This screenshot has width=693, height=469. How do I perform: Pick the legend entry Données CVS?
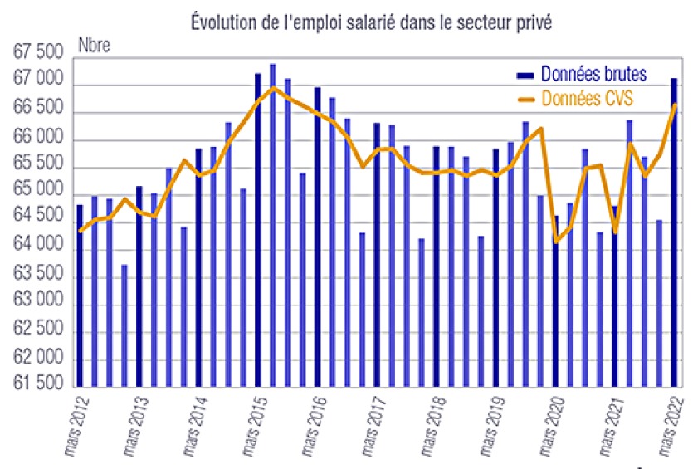[586, 98]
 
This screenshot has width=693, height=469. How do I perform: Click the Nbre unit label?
[92, 44]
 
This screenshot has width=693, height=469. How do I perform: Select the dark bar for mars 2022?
[674, 232]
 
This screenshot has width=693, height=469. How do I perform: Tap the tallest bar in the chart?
[273, 225]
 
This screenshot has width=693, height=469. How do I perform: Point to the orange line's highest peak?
[274, 87]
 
